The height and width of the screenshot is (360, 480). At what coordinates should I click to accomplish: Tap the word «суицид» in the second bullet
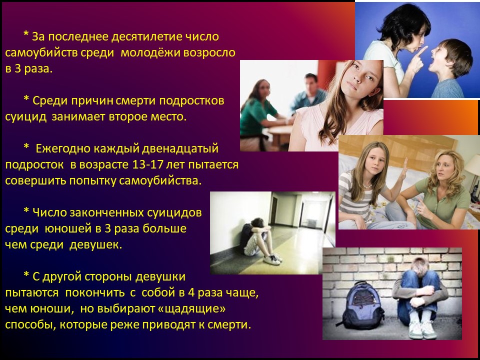click(x=26, y=117)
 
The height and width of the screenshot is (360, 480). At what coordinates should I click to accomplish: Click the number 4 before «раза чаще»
click(x=191, y=292)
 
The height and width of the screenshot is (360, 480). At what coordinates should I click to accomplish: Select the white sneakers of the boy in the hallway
click(x=272, y=259)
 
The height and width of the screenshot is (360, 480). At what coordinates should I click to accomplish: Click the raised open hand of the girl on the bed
click(x=404, y=168)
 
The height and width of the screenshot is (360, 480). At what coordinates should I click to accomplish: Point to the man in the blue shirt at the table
click(x=307, y=93)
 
